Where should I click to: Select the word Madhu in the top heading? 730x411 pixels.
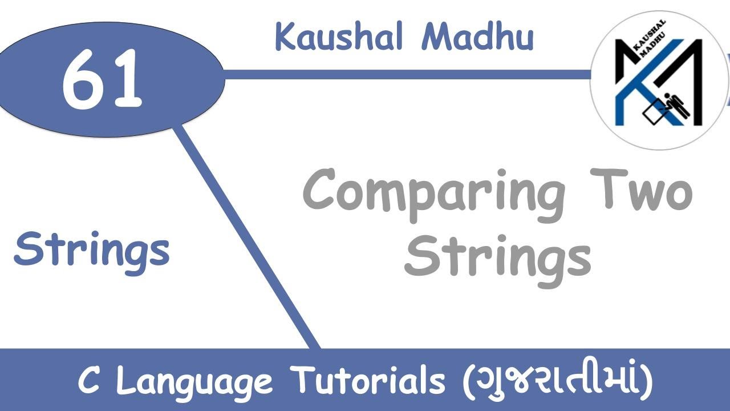pos(478,37)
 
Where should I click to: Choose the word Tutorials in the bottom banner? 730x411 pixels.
pos(368,380)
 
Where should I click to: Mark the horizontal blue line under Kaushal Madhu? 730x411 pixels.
pos(399,74)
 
